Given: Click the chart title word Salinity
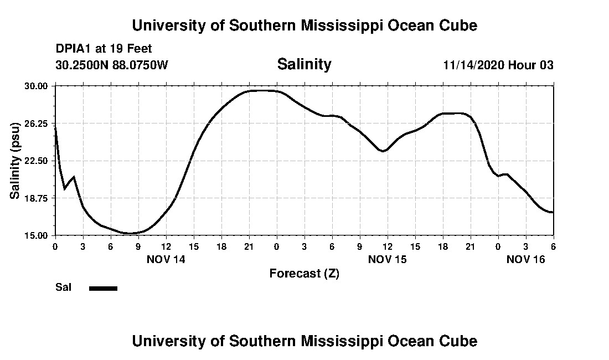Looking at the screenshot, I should click(304, 64).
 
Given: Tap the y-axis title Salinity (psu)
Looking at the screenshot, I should click(16, 160).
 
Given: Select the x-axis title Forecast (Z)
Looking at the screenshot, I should click(304, 273).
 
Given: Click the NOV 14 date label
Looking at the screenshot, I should click(166, 259).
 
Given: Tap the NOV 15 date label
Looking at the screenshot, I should click(388, 259).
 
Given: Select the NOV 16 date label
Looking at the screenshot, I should click(526, 259).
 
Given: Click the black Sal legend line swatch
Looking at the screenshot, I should click(104, 288).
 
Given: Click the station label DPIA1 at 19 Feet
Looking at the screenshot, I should click(104, 49).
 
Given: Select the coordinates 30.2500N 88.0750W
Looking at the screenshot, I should click(111, 65).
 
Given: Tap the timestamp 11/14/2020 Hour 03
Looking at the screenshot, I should click(498, 65).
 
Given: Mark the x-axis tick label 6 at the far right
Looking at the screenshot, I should click(553, 246).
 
